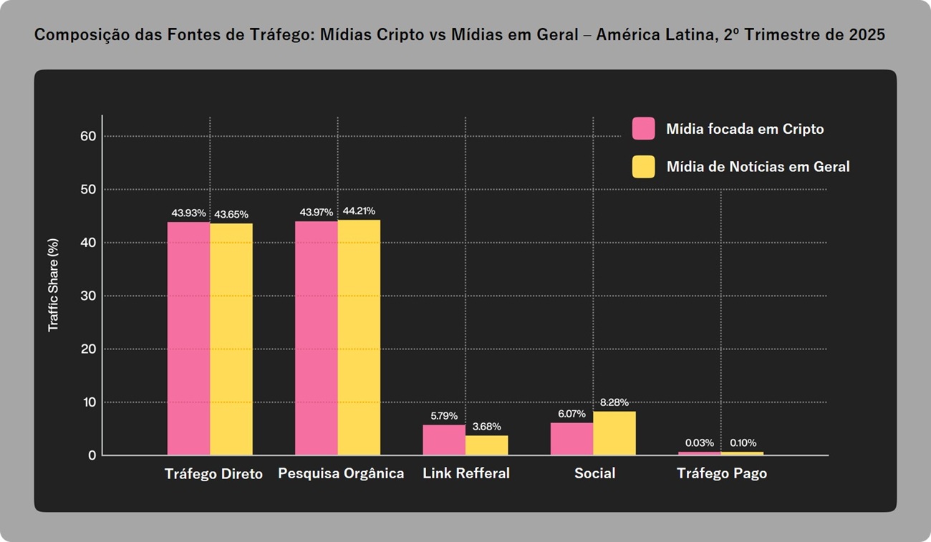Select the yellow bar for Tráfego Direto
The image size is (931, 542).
click(x=231, y=339)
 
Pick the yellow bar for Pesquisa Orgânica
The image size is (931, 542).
click(x=359, y=337)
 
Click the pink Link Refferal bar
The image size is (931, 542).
click(x=444, y=440)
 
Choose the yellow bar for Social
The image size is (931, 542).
click(x=614, y=432)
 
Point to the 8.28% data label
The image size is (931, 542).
click(x=614, y=402)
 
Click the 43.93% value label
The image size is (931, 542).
click(x=188, y=213)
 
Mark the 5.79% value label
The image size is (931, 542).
click(x=444, y=415)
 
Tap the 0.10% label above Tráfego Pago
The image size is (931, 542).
click(x=743, y=442)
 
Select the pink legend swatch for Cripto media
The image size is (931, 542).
click(x=643, y=129)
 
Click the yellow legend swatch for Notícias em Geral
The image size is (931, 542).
click(x=643, y=167)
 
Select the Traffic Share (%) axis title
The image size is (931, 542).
click(x=53, y=285)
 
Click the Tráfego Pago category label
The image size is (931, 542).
click(x=722, y=473)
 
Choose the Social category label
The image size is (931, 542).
click(x=594, y=473)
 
